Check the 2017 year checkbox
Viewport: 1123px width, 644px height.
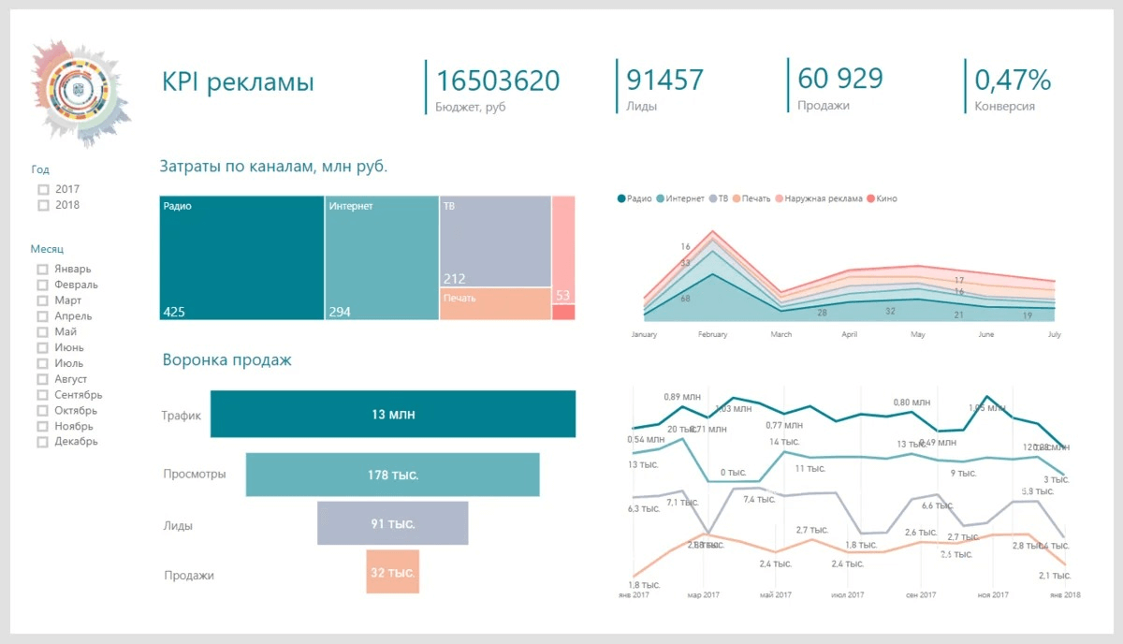(43, 189)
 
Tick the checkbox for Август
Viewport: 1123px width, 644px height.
(42, 379)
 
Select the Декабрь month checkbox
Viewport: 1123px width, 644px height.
(42, 442)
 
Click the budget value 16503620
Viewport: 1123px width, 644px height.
(498, 80)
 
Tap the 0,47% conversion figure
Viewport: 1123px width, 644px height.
(1013, 80)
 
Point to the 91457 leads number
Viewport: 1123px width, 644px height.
(664, 80)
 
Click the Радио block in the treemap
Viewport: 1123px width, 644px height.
(241, 257)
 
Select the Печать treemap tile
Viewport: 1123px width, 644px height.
(494, 303)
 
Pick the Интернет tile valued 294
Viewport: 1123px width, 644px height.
(381, 257)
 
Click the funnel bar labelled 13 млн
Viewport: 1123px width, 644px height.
(393, 414)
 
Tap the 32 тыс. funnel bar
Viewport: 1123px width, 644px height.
(392, 572)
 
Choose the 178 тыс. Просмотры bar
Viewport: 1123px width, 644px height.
(392, 475)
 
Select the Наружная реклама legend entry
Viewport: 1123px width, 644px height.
(819, 198)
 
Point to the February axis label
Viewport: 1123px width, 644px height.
(712, 334)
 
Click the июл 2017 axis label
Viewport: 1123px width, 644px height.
(845, 594)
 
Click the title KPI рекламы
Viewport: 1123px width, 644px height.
(238, 82)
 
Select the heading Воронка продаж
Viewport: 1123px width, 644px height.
(226, 359)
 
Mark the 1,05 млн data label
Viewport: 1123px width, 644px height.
(987, 408)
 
